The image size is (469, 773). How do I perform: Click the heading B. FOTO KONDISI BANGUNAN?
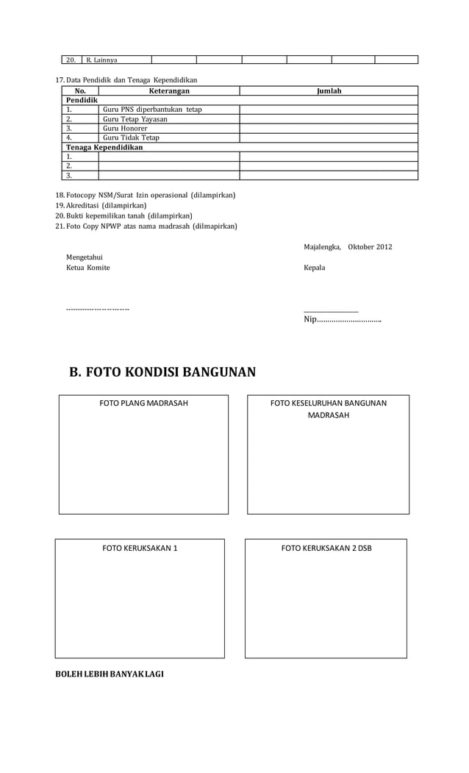click(x=162, y=371)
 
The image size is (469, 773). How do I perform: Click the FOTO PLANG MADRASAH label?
click(x=143, y=403)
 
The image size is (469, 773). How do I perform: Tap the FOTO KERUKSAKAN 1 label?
click(x=140, y=548)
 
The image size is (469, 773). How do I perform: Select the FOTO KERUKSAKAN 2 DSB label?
click(x=326, y=548)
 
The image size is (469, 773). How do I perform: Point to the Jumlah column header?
click(x=329, y=91)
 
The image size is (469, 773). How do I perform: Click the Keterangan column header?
click(x=169, y=91)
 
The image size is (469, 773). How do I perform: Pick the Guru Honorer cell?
click(x=125, y=128)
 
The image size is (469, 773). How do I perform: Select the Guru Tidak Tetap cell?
click(x=131, y=138)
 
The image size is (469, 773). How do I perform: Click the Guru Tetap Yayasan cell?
click(x=135, y=119)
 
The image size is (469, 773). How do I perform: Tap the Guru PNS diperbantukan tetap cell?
click(x=152, y=110)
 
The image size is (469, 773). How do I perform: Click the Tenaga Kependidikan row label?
click(x=104, y=147)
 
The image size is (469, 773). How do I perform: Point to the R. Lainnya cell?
click(x=102, y=60)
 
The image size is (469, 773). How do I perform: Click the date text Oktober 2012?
click(x=370, y=246)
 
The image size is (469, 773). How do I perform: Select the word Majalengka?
click(x=322, y=246)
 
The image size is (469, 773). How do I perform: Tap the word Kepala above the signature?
click(x=315, y=268)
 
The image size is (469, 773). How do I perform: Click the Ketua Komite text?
click(x=88, y=268)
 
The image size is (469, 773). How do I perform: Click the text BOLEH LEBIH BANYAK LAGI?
click(x=110, y=675)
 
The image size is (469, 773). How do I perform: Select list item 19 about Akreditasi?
click(x=106, y=205)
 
